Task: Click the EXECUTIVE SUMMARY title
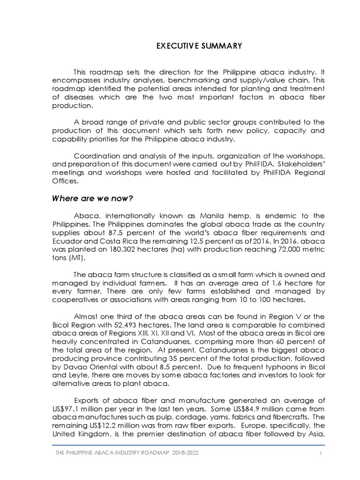tap(199, 45)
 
